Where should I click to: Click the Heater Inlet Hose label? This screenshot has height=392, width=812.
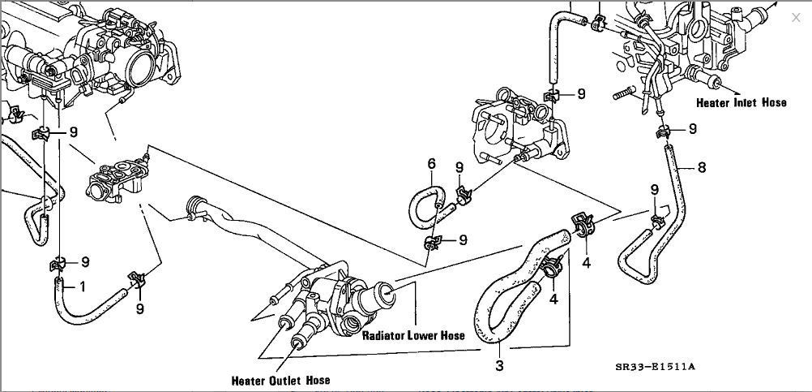[741, 103]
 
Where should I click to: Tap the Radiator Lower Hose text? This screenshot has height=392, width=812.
[413, 335]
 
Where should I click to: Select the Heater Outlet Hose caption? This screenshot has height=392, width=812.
[281, 380]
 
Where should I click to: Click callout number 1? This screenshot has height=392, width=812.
[83, 286]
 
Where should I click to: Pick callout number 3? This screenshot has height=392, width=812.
[499, 366]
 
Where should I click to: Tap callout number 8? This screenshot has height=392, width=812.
[702, 168]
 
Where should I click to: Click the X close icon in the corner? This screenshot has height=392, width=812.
[795, 17]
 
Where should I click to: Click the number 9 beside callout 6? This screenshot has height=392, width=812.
[459, 167]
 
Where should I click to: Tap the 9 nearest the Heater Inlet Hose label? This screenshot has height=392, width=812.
[693, 128]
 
